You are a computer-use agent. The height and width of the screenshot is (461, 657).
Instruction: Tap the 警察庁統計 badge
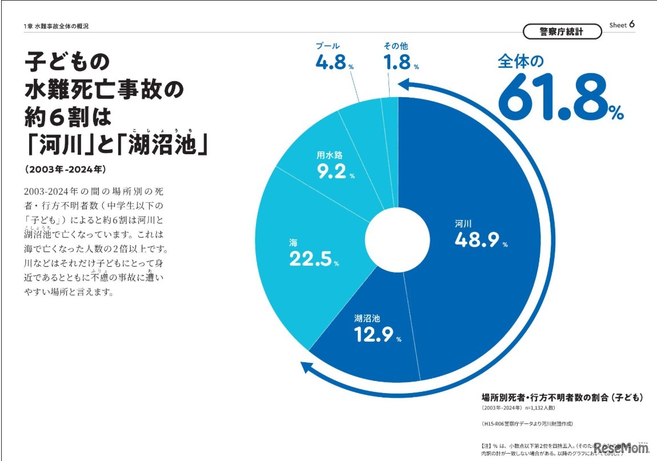click(x=562, y=31)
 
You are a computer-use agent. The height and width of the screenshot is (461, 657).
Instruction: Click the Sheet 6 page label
click(x=622, y=25)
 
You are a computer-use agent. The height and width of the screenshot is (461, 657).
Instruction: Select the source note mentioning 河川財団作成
click(x=527, y=423)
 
